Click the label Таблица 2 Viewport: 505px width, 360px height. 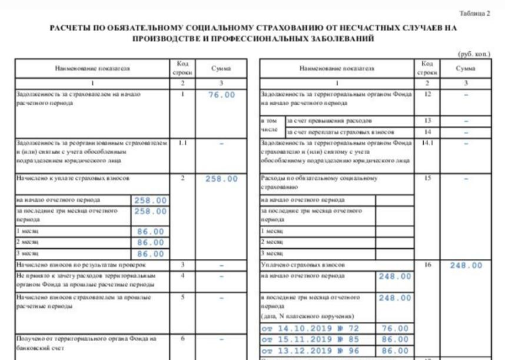point(474,13)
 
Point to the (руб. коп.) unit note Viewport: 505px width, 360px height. point(474,54)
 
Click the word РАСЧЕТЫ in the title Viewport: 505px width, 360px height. point(70,27)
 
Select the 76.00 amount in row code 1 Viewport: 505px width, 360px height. point(221,95)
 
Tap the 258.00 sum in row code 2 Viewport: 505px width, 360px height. point(221,179)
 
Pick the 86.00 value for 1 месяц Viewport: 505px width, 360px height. point(151,232)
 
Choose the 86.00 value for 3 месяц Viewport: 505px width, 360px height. point(151,254)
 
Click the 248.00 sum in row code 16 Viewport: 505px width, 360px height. point(466,266)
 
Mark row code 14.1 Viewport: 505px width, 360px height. point(428,142)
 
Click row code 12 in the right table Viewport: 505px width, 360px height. point(428,94)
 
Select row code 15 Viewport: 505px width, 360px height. point(428,178)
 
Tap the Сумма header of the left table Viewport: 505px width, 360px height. point(221,69)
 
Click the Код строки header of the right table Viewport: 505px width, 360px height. point(428,69)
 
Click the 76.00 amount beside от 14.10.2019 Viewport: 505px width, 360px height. point(395,329)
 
